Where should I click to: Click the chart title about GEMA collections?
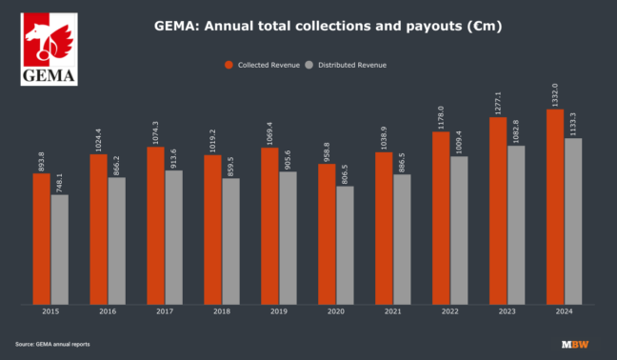pyautogui.click(x=328, y=26)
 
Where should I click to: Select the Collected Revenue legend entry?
pyautogui.click(x=263, y=65)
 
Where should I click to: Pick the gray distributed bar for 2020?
pyautogui.click(x=345, y=245)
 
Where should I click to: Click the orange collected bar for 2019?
pyautogui.click(x=269, y=226)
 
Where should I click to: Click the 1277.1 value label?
pyautogui.click(x=498, y=102)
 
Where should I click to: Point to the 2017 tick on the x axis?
pyautogui.click(x=165, y=311)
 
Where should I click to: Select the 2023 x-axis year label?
pyautogui.click(x=508, y=311)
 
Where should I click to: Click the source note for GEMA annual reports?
pyautogui.click(x=52, y=343)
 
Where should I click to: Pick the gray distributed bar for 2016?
pyautogui.click(x=117, y=241)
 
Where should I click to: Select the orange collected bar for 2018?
pyautogui.click(x=212, y=229)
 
